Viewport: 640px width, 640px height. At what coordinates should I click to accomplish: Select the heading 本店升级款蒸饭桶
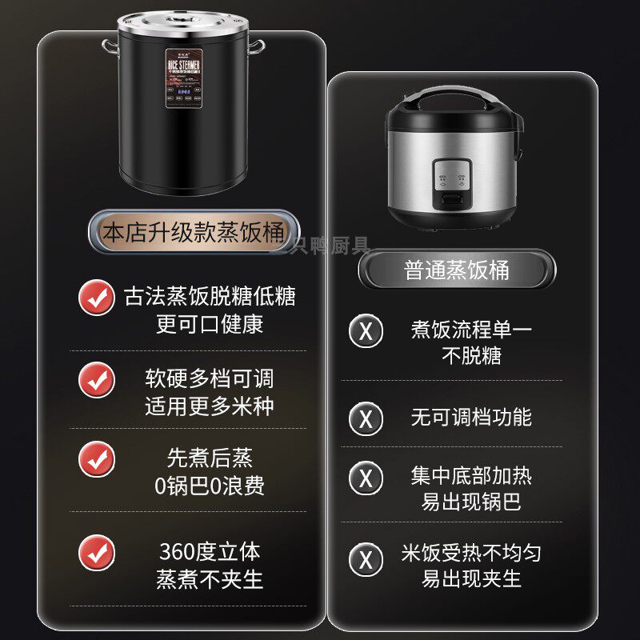tap(194, 232)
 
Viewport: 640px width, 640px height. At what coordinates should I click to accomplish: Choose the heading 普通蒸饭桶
tap(457, 270)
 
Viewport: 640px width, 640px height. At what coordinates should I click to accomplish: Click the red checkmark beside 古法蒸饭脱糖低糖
tap(97, 298)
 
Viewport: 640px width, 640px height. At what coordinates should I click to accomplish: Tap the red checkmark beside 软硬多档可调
tap(97, 379)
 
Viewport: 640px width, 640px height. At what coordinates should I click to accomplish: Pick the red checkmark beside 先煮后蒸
tap(97, 459)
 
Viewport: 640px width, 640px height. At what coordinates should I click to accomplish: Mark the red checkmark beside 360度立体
tap(97, 553)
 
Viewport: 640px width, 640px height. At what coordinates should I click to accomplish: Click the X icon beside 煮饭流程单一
tap(366, 330)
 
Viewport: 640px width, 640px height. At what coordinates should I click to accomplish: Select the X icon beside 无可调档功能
tap(366, 418)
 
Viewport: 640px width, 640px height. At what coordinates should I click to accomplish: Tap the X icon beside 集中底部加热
tap(366, 478)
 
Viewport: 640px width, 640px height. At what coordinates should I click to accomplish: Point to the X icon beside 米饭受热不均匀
tap(366, 559)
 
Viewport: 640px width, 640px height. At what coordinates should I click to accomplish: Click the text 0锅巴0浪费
tap(209, 485)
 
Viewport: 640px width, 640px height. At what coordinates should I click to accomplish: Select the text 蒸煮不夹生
tap(210, 579)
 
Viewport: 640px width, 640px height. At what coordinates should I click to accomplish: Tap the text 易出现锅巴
tap(471, 502)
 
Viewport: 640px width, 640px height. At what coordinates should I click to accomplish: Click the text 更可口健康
tap(210, 324)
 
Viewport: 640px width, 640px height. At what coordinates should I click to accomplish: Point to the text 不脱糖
tap(471, 355)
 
